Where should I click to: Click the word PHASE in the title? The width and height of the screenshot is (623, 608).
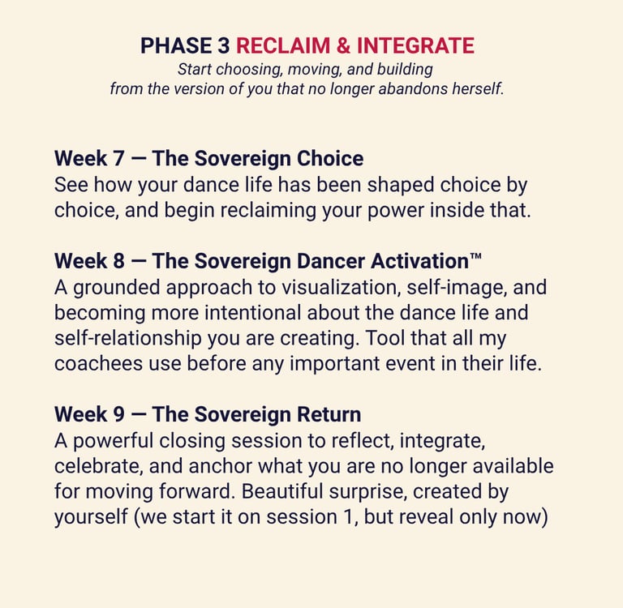point(176,45)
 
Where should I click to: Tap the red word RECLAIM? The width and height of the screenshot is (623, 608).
point(283,45)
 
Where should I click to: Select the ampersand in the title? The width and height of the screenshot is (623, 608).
point(343,45)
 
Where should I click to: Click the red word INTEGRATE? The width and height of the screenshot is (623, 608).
point(415,45)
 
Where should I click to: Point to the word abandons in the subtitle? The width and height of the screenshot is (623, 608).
point(413,88)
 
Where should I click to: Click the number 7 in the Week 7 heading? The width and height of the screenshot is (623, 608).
point(118,158)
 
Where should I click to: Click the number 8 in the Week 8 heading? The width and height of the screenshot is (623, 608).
point(118,261)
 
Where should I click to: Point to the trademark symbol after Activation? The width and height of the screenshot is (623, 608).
point(475,256)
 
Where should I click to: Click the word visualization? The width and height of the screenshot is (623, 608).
point(341,287)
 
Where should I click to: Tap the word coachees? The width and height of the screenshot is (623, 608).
point(98,363)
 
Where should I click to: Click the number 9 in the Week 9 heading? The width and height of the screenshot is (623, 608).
point(118,414)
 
